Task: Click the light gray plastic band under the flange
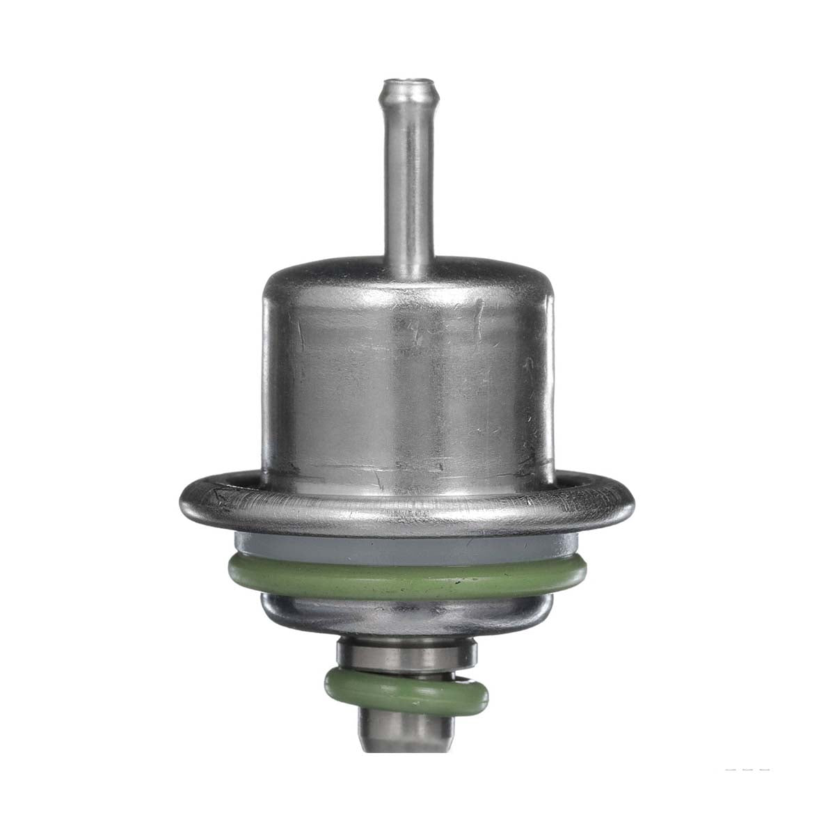pos(407,550)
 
